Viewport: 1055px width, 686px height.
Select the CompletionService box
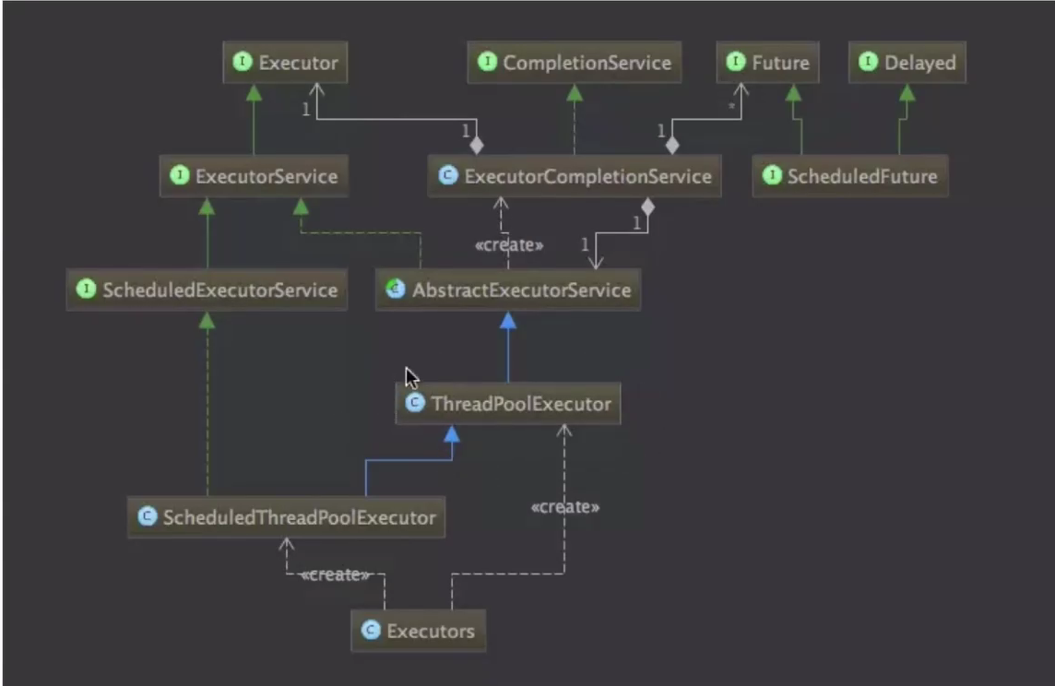(575, 63)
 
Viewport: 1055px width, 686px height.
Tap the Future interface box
(768, 63)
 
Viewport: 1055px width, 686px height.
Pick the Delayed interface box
(907, 63)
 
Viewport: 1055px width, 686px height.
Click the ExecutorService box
(254, 176)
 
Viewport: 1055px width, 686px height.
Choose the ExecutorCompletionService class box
(575, 176)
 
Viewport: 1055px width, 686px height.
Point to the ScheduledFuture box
(849, 176)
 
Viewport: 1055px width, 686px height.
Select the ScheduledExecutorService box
(207, 290)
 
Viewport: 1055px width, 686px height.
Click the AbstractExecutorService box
(508, 290)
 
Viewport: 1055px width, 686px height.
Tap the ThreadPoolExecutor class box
(508, 404)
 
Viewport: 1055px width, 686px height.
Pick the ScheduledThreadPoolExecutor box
(286, 517)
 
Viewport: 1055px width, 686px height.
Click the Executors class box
(419, 631)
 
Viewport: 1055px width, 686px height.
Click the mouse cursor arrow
(411, 377)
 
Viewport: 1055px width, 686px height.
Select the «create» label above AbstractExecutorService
(508, 245)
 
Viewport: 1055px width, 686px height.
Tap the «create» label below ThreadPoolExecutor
(565, 507)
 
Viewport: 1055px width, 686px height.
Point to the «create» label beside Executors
(335, 574)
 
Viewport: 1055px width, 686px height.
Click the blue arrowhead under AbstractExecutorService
(508, 319)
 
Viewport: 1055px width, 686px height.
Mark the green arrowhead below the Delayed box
(907, 92)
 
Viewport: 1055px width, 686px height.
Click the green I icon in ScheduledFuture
(772, 176)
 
